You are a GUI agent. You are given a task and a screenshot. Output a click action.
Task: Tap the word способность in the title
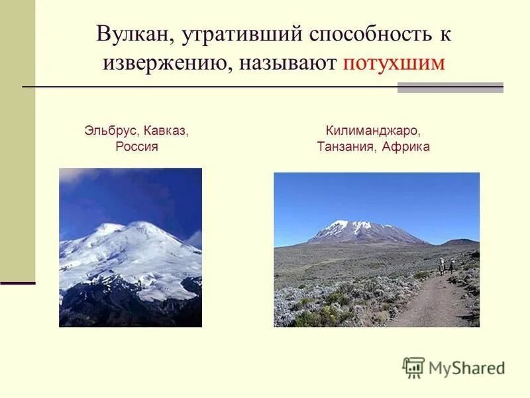point(357,34)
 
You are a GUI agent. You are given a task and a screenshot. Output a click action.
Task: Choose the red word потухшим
point(393,64)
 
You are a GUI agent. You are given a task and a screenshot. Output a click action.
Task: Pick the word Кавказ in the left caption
point(164,131)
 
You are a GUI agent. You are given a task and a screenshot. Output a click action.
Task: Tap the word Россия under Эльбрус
point(136,147)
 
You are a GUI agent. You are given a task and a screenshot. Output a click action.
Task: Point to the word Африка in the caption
point(407,147)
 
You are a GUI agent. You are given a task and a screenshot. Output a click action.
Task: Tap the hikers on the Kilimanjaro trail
point(445,267)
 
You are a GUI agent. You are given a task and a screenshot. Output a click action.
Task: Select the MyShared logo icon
point(414,367)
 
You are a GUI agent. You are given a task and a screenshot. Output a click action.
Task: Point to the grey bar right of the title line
point(450,88)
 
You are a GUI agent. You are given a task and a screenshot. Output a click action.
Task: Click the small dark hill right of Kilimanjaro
point(459,242)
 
